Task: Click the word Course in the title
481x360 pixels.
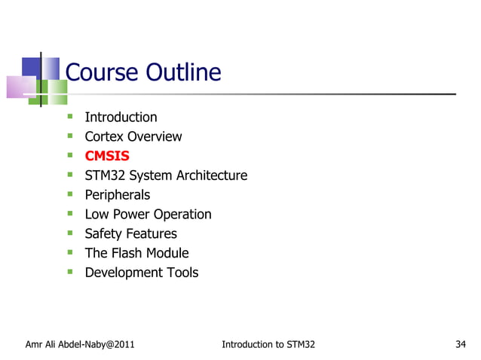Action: [x=102, y=73]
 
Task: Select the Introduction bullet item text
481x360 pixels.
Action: [x=121, y=117]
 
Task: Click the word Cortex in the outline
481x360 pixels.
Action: [x=104, y=137]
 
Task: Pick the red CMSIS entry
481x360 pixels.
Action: [x=107, y=157]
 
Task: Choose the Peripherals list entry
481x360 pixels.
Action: [x=117, y=195]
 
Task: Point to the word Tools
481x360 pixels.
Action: [x=181, y=273]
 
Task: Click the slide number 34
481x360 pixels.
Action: [x=461, y=345]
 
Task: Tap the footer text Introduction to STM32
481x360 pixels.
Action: [x=268, y=345]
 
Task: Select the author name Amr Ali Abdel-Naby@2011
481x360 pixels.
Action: [x=80, y=345]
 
